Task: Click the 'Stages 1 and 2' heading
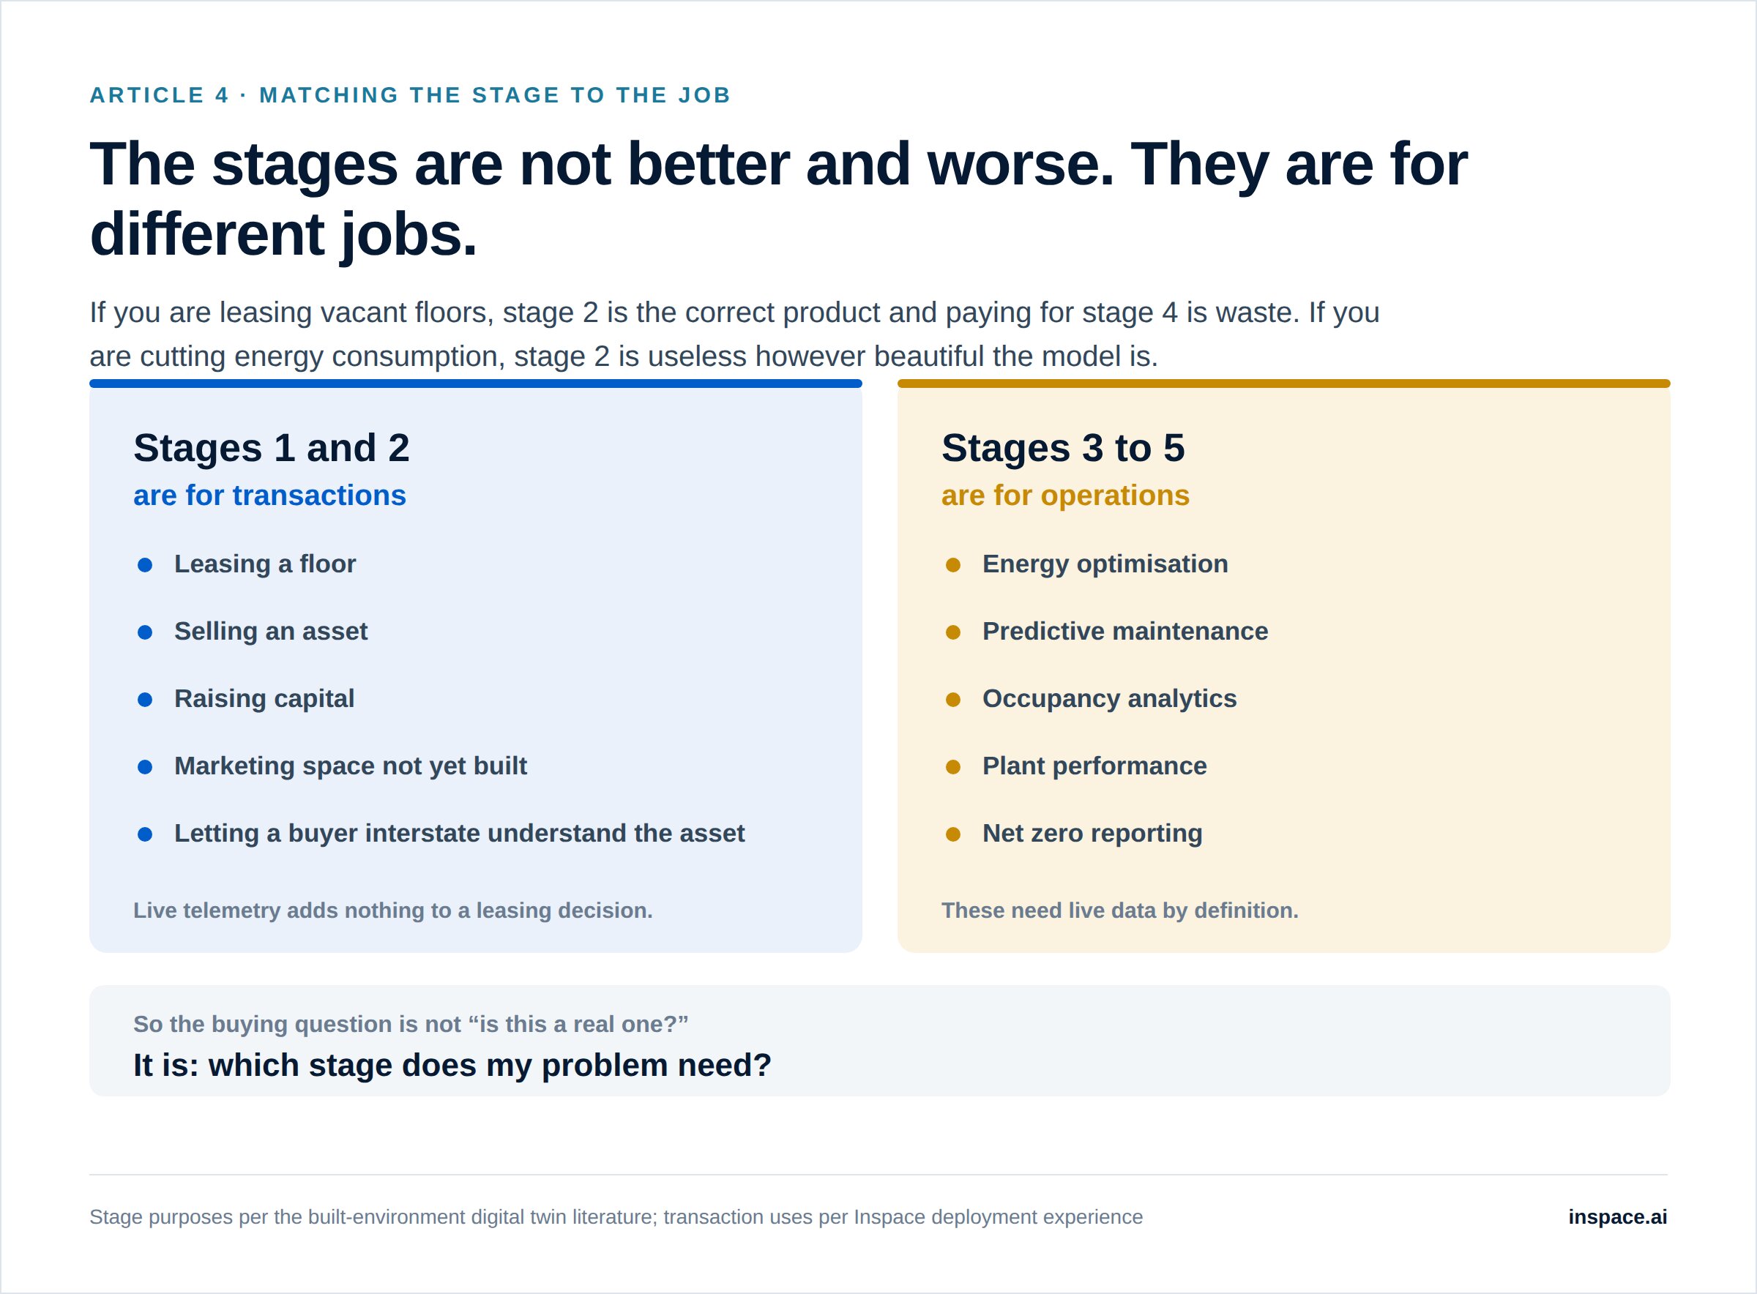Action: click(x=271, y=448)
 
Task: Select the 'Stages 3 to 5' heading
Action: click(x=1063, y=448)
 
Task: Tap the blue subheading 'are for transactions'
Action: click(x=269, y=495)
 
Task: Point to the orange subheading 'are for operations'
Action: click(x=1065, y=495)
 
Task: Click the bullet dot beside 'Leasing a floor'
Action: click(x=145, y=565)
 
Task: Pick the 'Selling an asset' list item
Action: click(x=271, y=632)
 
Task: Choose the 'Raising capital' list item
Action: click(x=264, y=699)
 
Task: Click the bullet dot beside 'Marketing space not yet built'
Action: click(x=145, y=767)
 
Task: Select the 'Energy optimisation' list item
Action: click(x=1105, y=564)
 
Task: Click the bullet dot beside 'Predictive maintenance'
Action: click(x=953, y=632)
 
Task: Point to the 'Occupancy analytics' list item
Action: click(x=1109, y=699)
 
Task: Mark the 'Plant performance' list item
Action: click(x=1094, y=766)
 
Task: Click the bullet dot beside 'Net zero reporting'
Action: click(x=953, y=834)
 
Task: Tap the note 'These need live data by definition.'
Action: click(x=1120, y=910)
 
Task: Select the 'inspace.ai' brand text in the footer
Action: click(x=1618, y=1216)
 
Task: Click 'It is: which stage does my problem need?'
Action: click(x=452, y=1065)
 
